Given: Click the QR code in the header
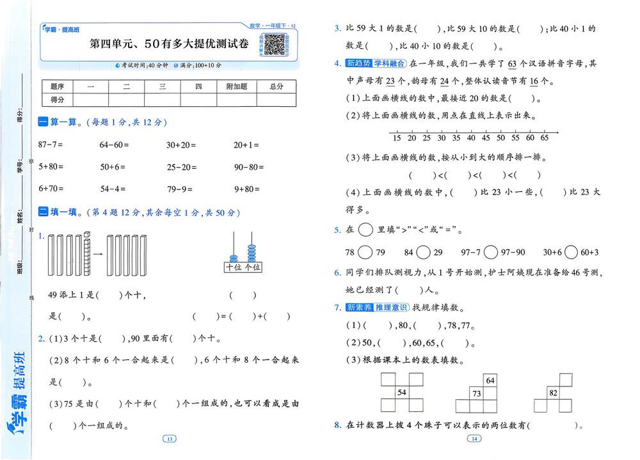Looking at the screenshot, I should [275, 44].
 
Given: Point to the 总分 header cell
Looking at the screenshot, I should [276, 86].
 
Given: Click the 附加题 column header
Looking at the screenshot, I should [236, 86].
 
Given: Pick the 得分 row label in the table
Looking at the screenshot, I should [58, 99].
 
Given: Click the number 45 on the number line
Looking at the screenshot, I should [486, 138].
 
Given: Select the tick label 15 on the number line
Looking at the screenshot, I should [397, 138].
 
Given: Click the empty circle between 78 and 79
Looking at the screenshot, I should [366, 251].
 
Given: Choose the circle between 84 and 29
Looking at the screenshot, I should [424, 251].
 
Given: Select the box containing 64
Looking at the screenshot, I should [490, 381].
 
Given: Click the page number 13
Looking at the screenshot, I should [169, 439].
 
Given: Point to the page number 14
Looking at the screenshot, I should [474, 439].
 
